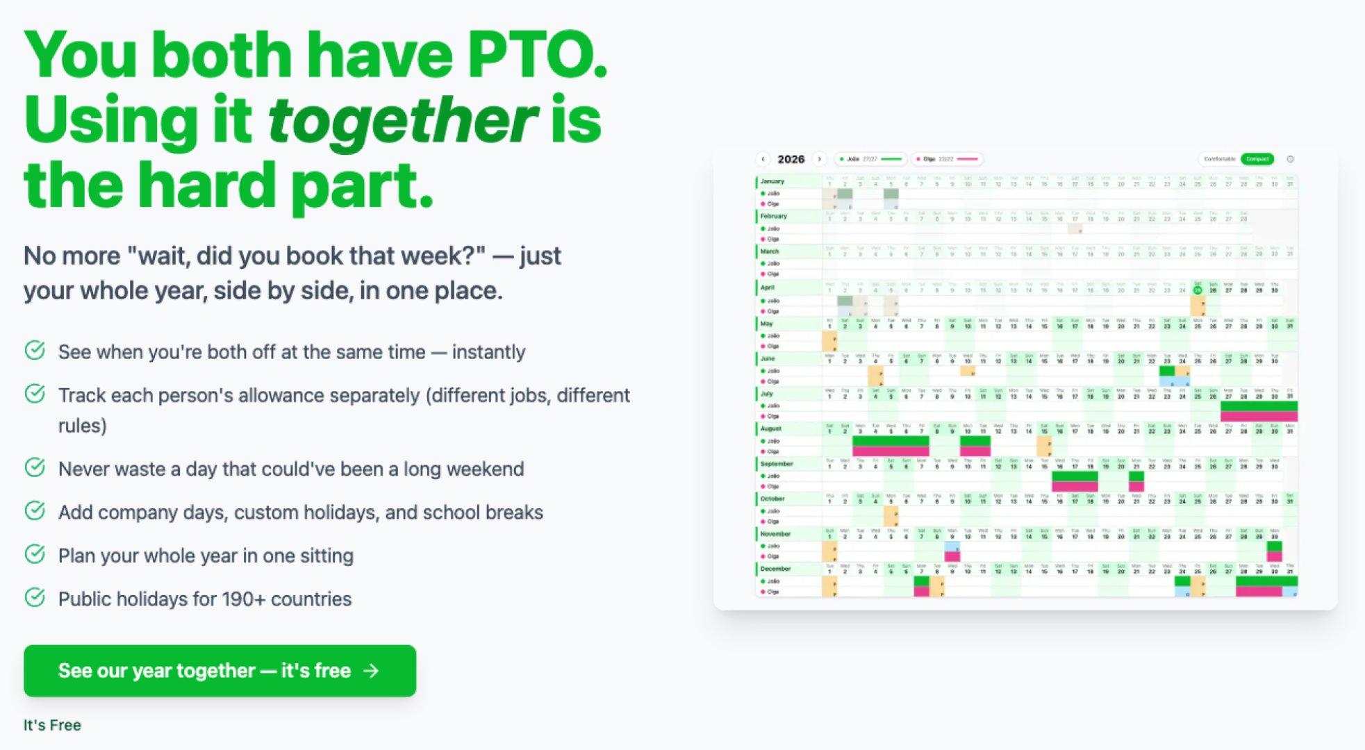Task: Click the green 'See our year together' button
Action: coord(220,671)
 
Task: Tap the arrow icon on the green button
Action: coord(372,671)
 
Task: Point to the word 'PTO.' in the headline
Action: coord(537,55)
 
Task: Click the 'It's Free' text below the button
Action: coord(52,725)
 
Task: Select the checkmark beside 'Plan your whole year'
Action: coord(35,554)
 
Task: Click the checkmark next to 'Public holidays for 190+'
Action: coord(35,597)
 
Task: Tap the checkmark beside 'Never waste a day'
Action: coord(35,467)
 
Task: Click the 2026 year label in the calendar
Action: coord(791,159)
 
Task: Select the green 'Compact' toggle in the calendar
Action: coord(1257,159)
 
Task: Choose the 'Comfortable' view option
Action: coord(1219,159)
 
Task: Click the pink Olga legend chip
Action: coord(948,159)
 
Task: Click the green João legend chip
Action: coord(871,159)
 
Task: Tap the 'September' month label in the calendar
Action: coord(777,463)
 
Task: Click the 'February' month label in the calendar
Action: coord(773,216)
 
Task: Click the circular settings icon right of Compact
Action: coord(1290,159)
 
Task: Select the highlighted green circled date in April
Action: coord(1198,290)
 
